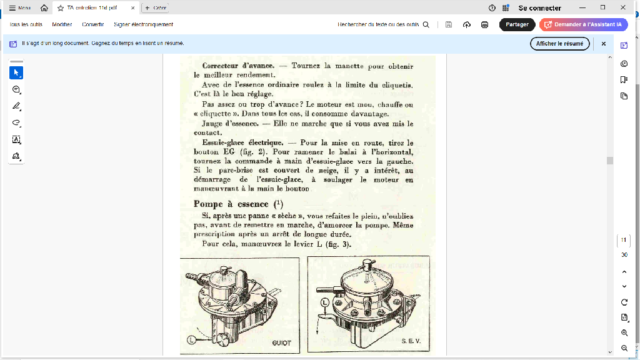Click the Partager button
coord(517,24)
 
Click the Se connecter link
coord(539,8)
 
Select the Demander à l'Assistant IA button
coord(583,24)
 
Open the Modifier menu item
coord(62,24)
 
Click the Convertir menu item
coord(92,24)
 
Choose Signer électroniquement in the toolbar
coord(143,24)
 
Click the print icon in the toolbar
coord(484,24)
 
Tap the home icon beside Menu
coord(44,8)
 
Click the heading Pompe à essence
coord(231,204)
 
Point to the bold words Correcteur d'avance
coord(238,66)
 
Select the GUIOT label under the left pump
coord(281,343)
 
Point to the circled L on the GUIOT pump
coord(192,339)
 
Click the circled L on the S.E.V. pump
coord(324,302)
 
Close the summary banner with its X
coord(604,44)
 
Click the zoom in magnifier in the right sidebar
coord(624,333)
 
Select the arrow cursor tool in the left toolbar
coord(16,72)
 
